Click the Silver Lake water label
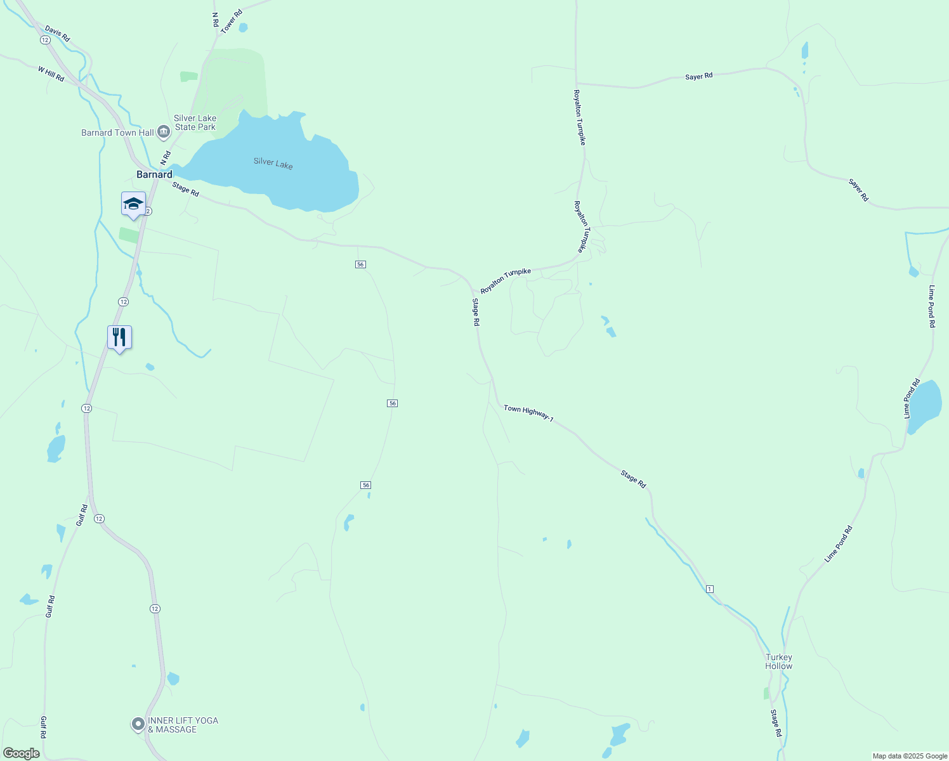[x=273, y=162]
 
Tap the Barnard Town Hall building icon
[x=164, y=132]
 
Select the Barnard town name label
[x=154, y=174]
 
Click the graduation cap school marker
[x=133, y=204]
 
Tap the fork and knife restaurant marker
[x=119, y=337]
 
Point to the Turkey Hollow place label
[x=778, y=661]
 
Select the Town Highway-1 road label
[x=528, y=413]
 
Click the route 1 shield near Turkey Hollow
[x=710, y=589]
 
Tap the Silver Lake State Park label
[x=195, y=122]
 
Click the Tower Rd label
[x=232, y=21]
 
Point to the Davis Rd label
[x=57, y=34]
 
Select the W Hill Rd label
[x=51, y=74]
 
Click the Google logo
[x=21, y=753]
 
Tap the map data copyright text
[x=909, y=756]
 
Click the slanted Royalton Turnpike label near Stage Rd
[x=505, y=280]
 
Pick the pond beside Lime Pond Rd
[x=924, y=405]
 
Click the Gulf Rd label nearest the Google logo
[x=44, y=727]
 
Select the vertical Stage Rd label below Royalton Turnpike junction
[x=475, y=312]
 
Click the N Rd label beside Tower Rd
[x=215, y=20]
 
